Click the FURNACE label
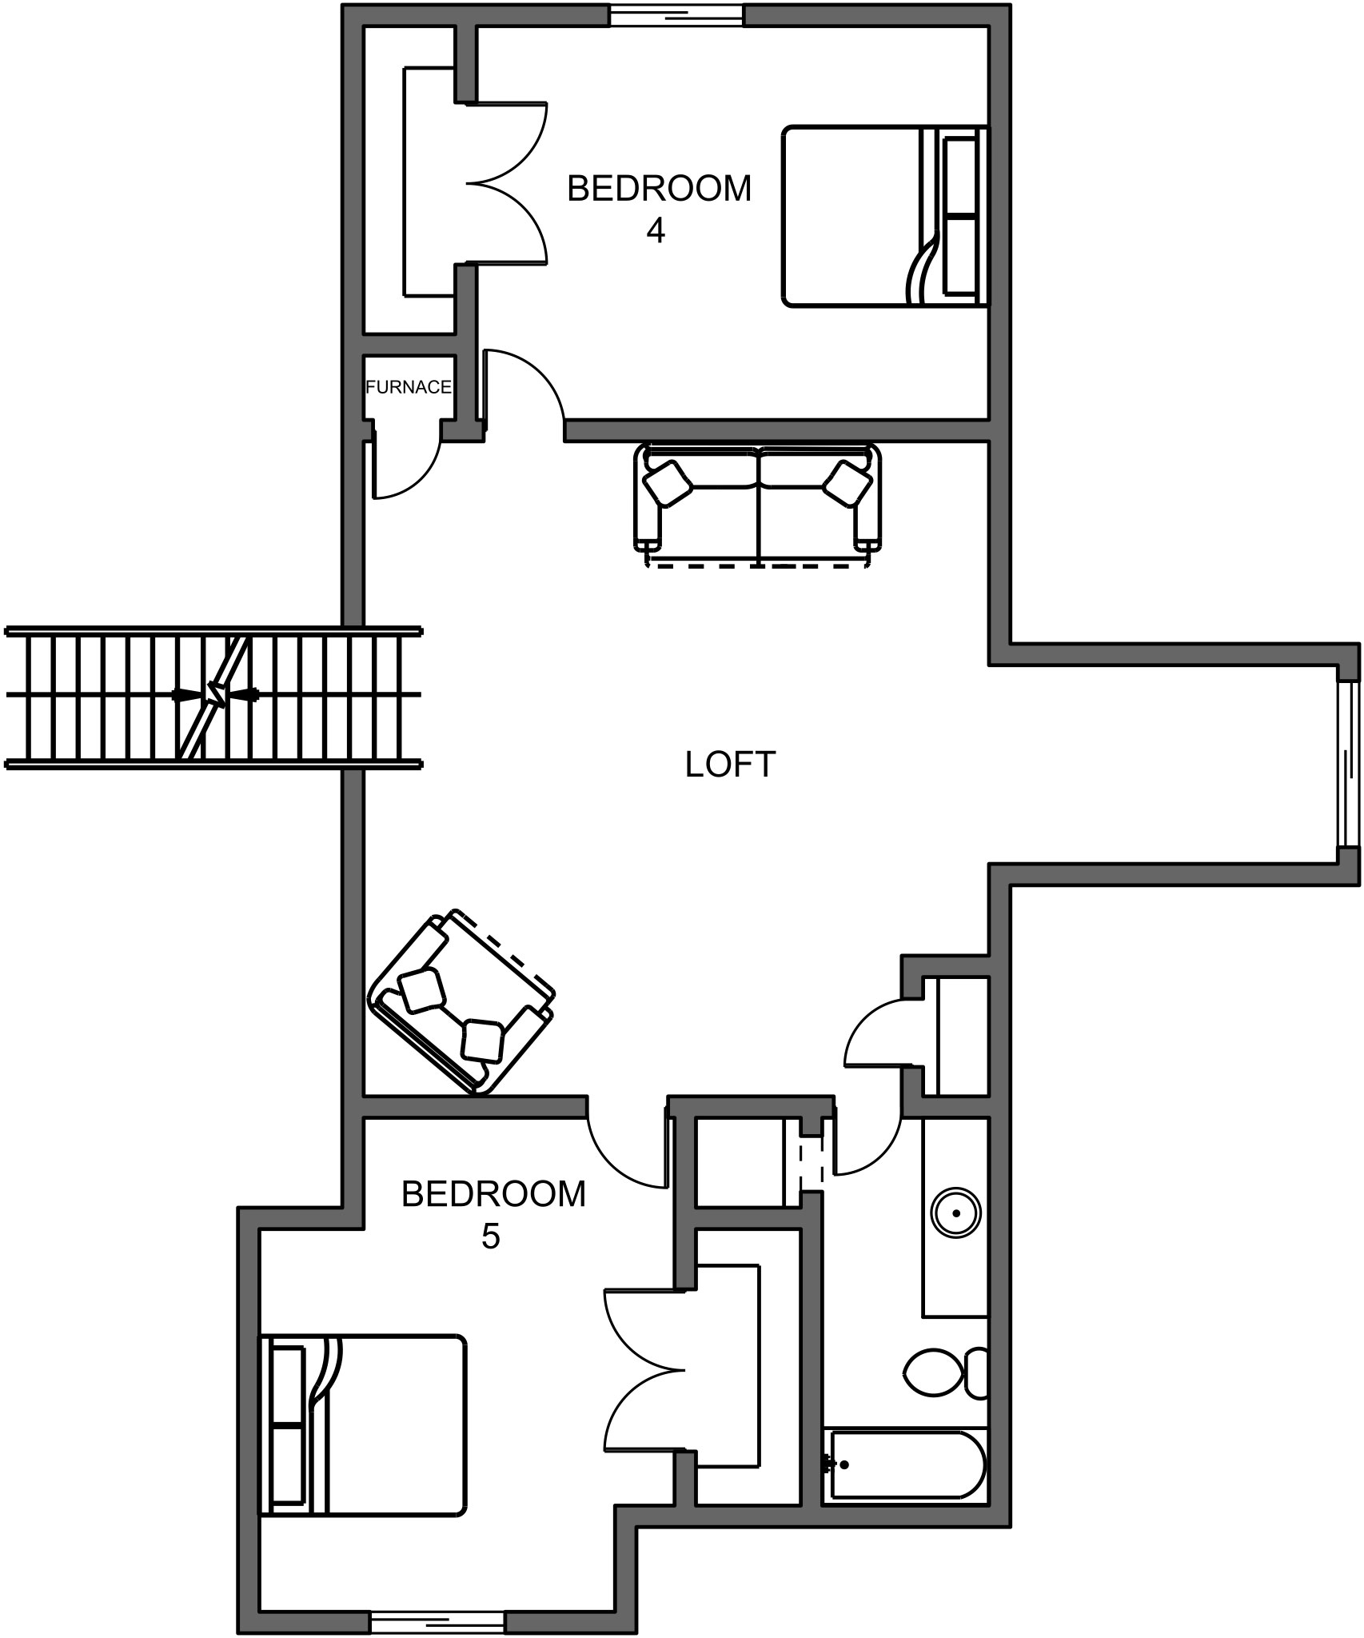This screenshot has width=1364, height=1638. (408, 387)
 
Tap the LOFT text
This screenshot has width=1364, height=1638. (730, 765)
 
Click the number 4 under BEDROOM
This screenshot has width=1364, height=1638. (656, 231)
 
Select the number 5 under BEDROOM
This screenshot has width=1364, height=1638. (490, 1236)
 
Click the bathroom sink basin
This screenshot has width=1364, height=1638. (956, 1213)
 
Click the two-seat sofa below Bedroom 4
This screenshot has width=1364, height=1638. (757, 500)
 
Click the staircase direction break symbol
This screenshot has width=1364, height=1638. (215, 694)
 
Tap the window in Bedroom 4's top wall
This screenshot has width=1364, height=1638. (676, 14)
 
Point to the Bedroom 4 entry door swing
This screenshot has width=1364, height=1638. (520, 384)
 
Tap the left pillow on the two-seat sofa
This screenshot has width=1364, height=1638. (668, 485)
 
